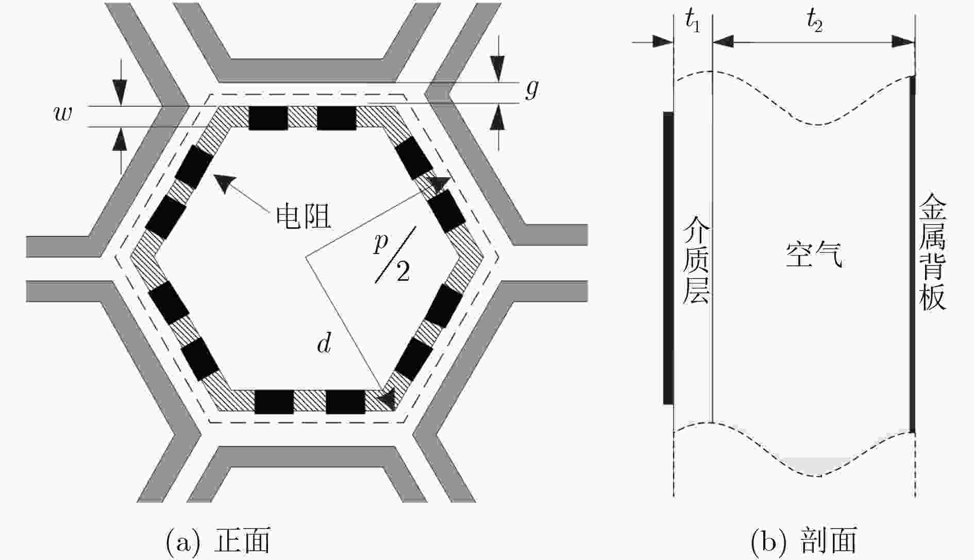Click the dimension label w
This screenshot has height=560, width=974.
[63, 114]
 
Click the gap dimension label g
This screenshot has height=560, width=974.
[532, 89]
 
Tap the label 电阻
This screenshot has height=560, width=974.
[303, 216]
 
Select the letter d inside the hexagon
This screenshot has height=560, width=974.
[324, 342]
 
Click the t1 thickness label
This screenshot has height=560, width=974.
[693, 22]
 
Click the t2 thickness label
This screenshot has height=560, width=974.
[814, 22]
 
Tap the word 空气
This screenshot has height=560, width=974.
[814, 254]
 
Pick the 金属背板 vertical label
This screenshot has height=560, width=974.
[933, 252]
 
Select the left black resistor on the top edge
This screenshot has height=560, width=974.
[268, 118]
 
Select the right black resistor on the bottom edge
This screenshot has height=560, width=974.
[345, 402]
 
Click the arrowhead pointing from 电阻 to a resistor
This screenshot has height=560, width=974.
[224, 182]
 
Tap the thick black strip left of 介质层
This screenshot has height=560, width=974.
[668, 258]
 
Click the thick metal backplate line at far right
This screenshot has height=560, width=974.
[912, 254]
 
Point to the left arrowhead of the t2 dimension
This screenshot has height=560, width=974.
[723, 42]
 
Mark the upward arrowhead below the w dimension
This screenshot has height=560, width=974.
[120, 138]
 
